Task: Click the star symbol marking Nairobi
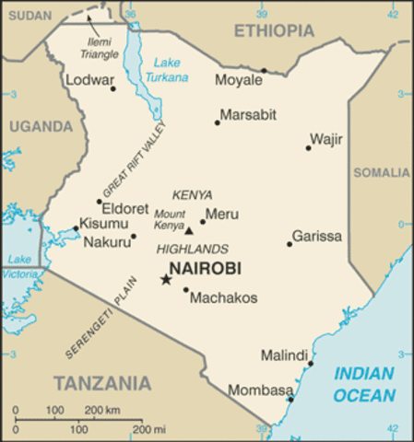click(x=166, y=279)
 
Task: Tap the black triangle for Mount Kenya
click(x=189, y=231)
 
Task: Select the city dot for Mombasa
click(x=290, y=399)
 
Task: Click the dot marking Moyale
click(x=263, y=70)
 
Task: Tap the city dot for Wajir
click(x=308, y=147)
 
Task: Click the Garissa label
click(x=316, y=237)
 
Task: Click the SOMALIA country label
click(x=384, y=172)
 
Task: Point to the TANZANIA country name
click(x=101, y=381)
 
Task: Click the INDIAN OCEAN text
click(x=364, y=384)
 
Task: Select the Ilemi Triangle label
click(x=98, y=48)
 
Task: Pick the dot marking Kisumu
click(x=76, y=228)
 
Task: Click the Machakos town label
click(x=223, y=297)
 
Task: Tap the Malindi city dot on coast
click(x=311, y=364)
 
